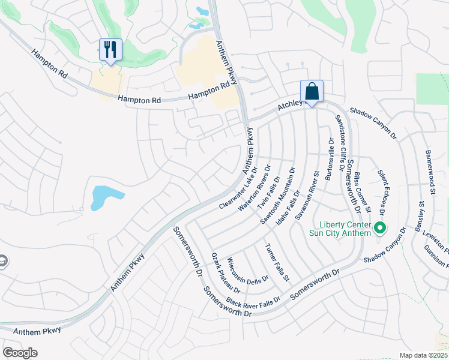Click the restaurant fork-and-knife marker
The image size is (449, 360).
pos(110,49)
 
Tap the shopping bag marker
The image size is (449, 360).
pos(312,92)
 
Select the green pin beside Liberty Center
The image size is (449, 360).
pos(379,228)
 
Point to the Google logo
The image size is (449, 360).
pos(20,352)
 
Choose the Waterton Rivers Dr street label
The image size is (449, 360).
pos(255,188)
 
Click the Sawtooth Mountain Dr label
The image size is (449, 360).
pos(277,196)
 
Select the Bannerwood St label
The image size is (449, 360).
pos(430,173)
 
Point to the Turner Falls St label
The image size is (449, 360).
pos(277,263)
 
